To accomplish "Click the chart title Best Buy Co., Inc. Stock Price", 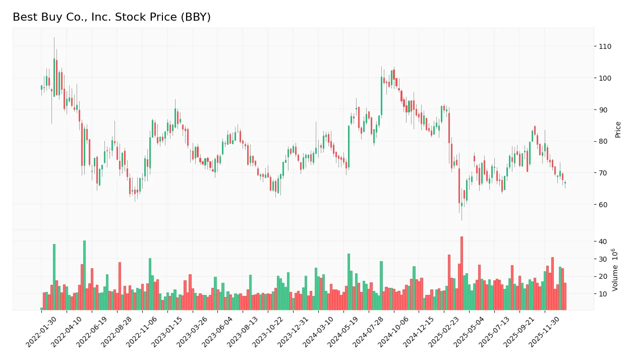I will pos(111,17).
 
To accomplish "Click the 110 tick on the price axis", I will pos(605,46).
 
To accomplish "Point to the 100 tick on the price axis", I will pos(605,78).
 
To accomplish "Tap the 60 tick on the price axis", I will pos(603,205).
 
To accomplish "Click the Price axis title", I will pos(618,130).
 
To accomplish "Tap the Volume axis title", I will pos(616,270).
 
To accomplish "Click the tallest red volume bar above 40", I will pos(461,273).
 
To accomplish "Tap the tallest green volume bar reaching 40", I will pos(84,275).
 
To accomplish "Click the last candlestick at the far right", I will pos(565,183).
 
